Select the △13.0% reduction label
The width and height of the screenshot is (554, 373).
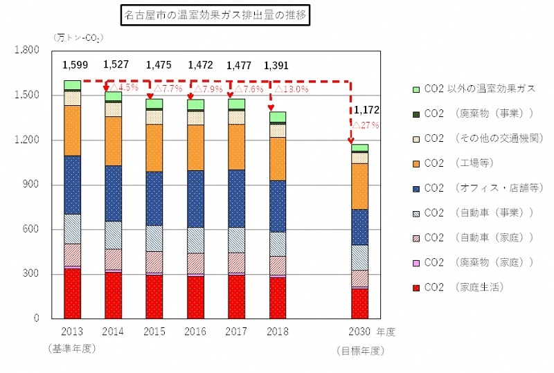[x=291, y=89]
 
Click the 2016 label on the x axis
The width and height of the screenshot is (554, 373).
[x=195, y=332]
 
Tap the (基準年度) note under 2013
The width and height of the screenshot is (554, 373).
[x=72, y=348]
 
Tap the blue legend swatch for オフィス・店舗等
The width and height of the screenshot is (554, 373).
[x=415, y=188]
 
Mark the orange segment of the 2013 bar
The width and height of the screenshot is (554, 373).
[x=73, y=130]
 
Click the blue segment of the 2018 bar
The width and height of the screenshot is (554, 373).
[x=277, y=206]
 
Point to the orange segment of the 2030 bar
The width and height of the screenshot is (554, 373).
[x=359, y=186]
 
